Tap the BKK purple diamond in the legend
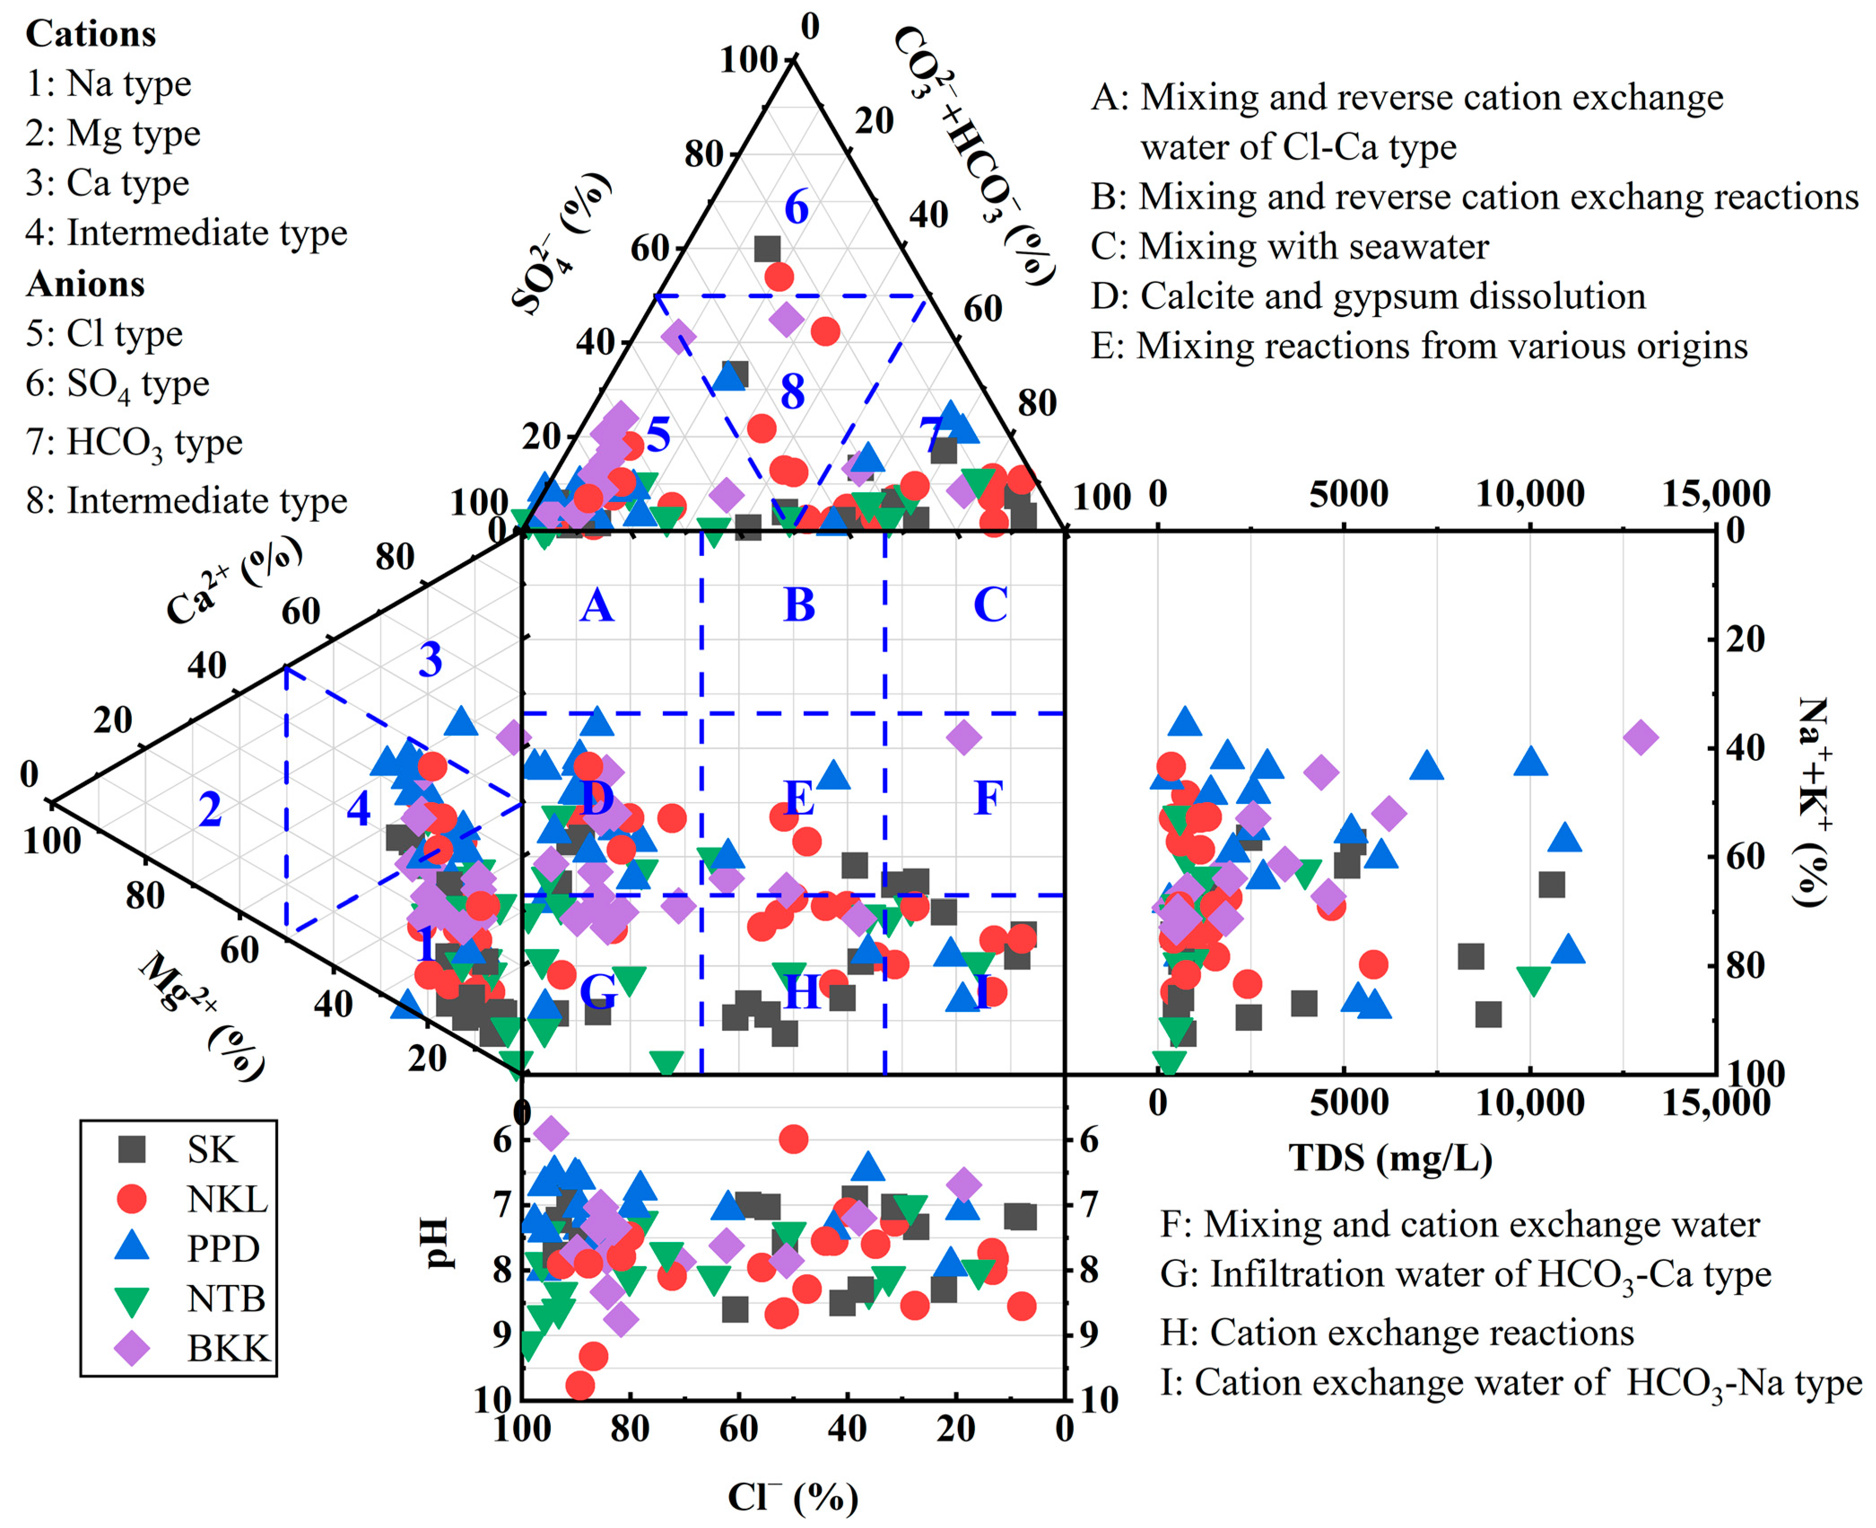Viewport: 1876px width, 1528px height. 132,1348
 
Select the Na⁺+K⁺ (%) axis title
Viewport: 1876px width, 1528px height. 1814,801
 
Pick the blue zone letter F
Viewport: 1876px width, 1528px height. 988,799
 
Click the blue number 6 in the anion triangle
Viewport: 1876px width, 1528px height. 796,208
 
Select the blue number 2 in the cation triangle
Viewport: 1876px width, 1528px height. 209,810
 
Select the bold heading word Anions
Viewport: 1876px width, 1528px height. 85,284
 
